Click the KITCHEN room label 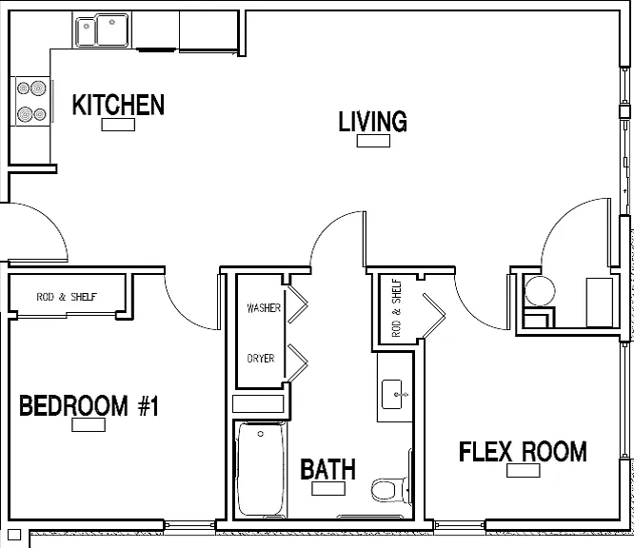coord(118,105)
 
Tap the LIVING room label coord(372,121)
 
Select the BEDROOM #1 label coord(89,405)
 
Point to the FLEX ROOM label coord(523,451)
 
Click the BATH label coord(327,469)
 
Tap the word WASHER coord(264,308)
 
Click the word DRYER coord(261,358)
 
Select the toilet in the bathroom coord(389,490)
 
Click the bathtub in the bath coord(261,470)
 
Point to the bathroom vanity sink coord(392,394)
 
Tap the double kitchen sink coord(102,30)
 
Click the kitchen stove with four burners coord(32,102)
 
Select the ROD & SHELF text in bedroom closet coord(67,297)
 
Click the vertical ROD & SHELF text coord(397,308)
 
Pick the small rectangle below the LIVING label coord(373,141)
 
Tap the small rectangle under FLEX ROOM coord(524,470)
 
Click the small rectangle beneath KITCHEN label coord(118,125)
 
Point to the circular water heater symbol coord(540,290)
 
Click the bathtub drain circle coord(261,434)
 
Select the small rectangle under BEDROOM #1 coord(89,424)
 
